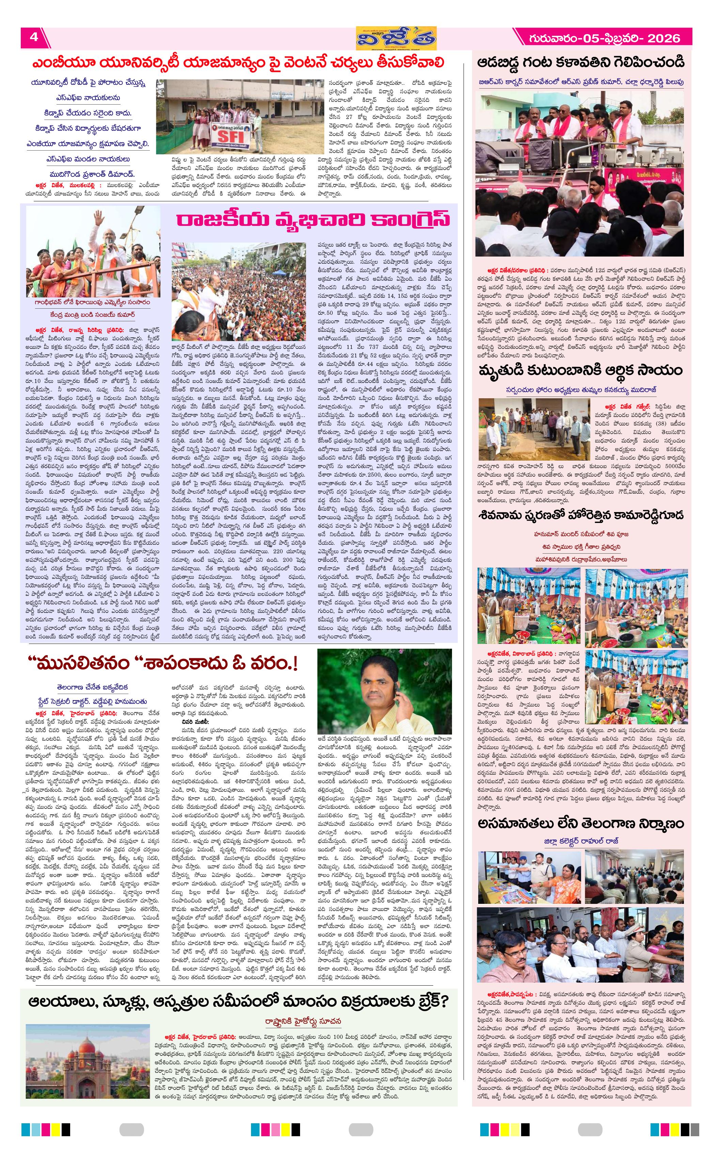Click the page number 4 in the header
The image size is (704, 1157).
point(34,37)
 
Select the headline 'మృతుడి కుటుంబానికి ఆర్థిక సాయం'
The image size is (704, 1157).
point(580,370)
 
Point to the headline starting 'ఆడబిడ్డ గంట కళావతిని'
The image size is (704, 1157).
point(581,62)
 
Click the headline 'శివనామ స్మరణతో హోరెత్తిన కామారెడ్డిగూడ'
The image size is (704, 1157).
point(581,515)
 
